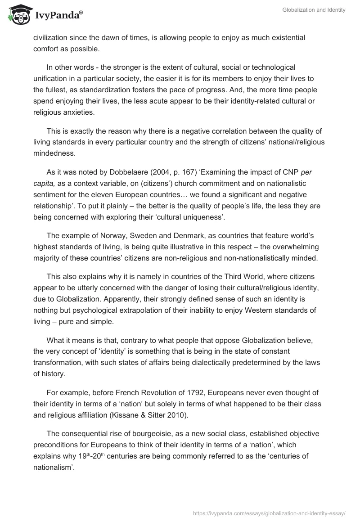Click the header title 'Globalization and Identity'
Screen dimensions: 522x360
[314, 9]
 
